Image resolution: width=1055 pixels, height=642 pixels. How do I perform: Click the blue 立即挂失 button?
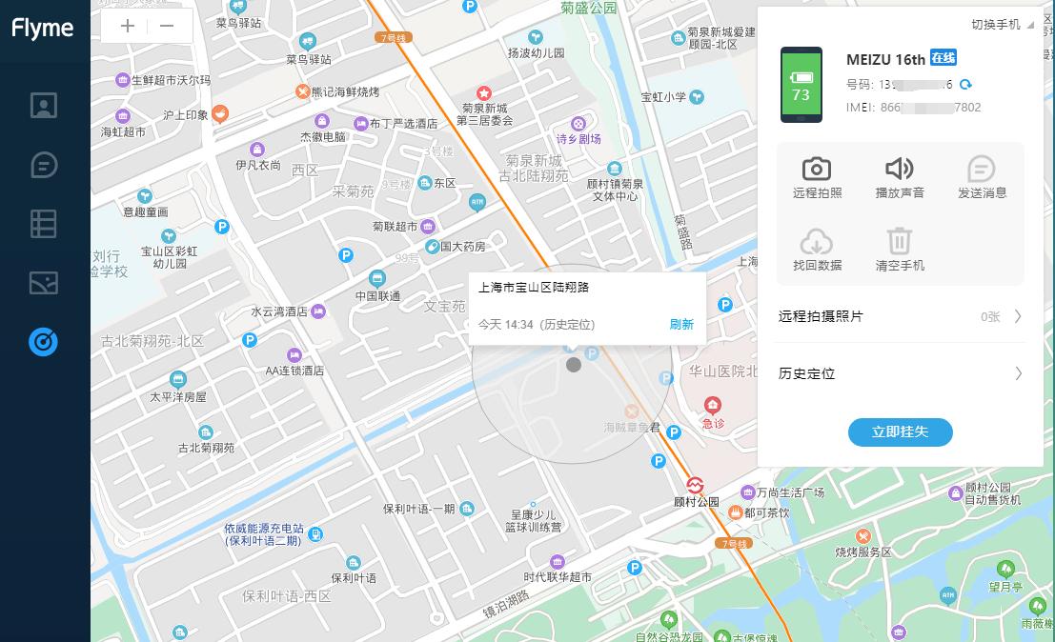[x=900, y=432]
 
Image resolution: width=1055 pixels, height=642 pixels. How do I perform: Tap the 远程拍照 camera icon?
[x=817, y=170]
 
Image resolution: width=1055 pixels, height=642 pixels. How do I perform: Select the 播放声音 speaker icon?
[x=900, y=170]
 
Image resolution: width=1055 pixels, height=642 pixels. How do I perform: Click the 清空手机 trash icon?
[x=900, y=241]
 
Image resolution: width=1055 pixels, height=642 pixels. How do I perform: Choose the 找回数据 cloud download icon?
[x=817, y=241]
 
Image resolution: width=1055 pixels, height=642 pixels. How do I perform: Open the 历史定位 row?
[x=900, y=373]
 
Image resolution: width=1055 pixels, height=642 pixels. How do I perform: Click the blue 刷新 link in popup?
[x=681, y=324]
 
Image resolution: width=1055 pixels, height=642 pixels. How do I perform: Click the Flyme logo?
[x=43, y=28]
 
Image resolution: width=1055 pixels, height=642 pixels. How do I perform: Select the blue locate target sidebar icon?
[x=44, y=341]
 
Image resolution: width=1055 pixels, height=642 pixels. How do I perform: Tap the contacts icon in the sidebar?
[x=44, y=105]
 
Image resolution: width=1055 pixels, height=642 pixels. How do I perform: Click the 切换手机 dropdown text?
[x=996, y=24]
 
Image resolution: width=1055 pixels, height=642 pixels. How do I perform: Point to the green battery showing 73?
[x=801, y=86]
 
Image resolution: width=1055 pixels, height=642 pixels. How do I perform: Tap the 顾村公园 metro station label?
[x=696, y=502]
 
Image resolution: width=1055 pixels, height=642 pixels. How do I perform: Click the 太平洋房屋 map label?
[x=178, y=396]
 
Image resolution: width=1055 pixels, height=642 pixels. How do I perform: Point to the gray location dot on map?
[x=573, y=365]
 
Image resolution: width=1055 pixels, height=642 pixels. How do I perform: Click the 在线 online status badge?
[x=943, y=58]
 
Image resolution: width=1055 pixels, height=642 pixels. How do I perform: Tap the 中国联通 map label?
[x=377, y=295]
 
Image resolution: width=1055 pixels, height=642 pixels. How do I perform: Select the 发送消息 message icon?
[x=982, y=170]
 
